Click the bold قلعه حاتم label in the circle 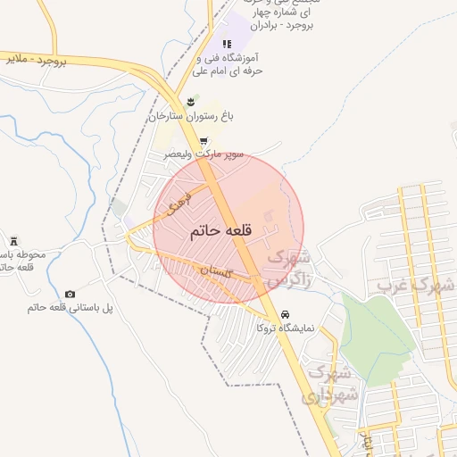(220, 230)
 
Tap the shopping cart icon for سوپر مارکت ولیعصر (204, 141)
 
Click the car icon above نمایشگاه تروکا (284, 315)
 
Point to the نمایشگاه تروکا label (285, 328)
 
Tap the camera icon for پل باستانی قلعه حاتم (71, 294)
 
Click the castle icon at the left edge (14, 241)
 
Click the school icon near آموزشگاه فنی (227, 43)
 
